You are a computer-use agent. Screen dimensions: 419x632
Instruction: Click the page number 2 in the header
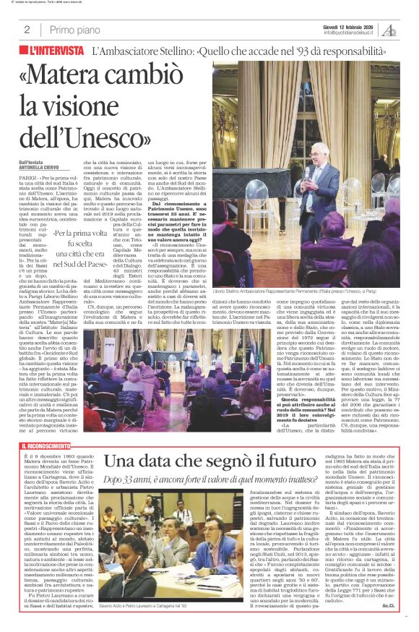click(27, 30)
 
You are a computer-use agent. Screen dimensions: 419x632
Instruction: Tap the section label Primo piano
click(73, 30)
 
